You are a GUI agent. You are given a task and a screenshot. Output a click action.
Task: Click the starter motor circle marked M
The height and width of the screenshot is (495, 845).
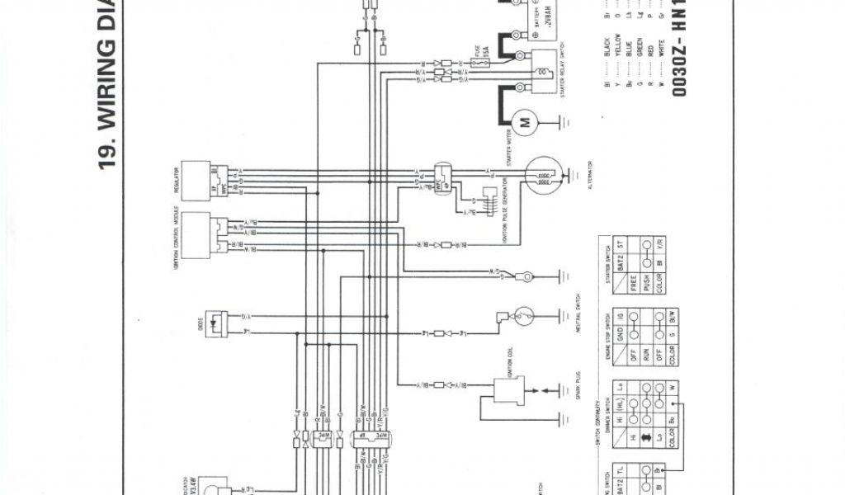524,122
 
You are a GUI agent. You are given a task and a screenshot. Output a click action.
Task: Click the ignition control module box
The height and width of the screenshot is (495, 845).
199,233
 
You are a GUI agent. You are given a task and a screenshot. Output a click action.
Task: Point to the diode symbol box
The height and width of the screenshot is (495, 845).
217,323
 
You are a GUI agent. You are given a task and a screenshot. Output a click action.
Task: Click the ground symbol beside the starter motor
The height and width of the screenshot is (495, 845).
564,122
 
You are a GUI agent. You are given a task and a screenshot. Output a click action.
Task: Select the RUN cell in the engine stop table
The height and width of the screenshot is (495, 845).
634,338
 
